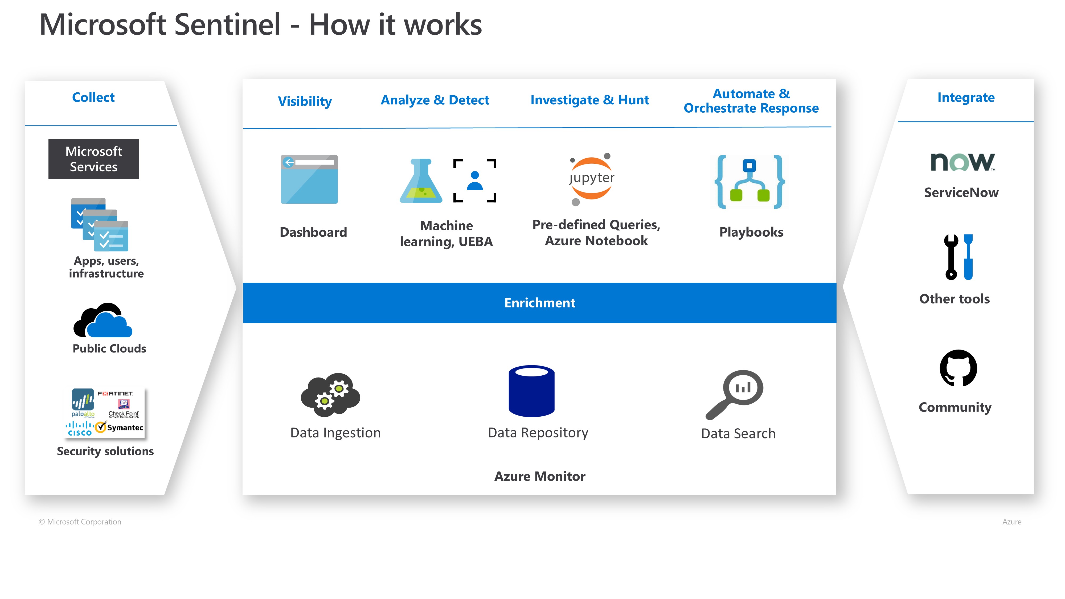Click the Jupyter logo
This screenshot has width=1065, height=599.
(x=591, y=179)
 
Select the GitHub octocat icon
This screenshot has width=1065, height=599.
(x=958, y=368)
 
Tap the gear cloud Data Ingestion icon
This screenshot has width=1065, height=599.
(x=331, y=395)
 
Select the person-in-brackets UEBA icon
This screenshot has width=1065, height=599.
(x=475, y=181)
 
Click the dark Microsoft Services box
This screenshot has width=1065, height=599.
(x=93, y=159)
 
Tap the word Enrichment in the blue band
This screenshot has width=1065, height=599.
(x=539, y=303)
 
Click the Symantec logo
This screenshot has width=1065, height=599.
(x=120, y=427)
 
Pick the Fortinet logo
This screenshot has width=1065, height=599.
(x=115, y=393)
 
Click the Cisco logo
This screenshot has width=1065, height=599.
(x=79, y=429)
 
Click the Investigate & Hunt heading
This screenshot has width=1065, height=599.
(x=589, y=100)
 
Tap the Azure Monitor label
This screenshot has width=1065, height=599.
(x=539, y=476)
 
